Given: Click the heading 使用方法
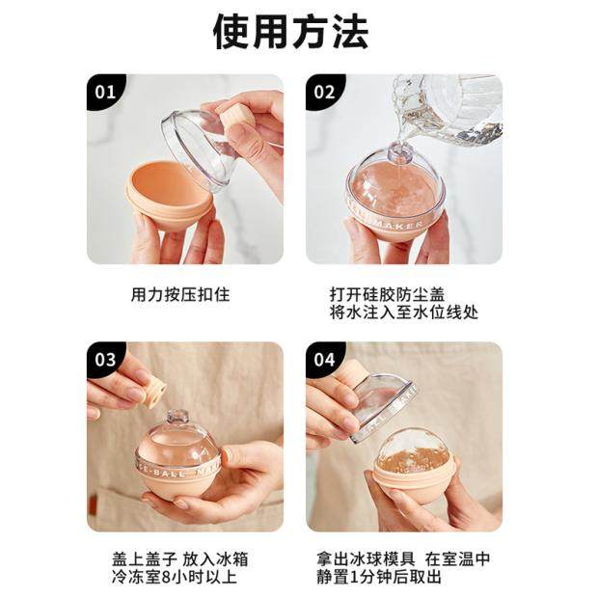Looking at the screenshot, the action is [x=290, y=33].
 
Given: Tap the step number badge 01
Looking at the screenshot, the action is [x=105, y=93].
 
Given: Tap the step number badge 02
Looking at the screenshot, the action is [x=324, y=93].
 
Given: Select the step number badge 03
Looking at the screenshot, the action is [x=105, y=360].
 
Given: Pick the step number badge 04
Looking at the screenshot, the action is [x=324, y=360].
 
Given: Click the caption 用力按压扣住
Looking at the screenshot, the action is [x=180, y=294].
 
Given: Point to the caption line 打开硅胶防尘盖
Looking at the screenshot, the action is [x=387, y=294].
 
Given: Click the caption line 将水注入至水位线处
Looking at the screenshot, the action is [x=404, y=313].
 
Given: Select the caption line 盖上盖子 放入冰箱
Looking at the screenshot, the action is [x=180, y=559].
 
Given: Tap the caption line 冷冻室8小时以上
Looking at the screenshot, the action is [x=175, y=577].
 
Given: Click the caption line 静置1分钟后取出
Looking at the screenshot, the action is [x=379, y=577].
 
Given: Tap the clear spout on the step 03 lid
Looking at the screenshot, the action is [x=177, y=417].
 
